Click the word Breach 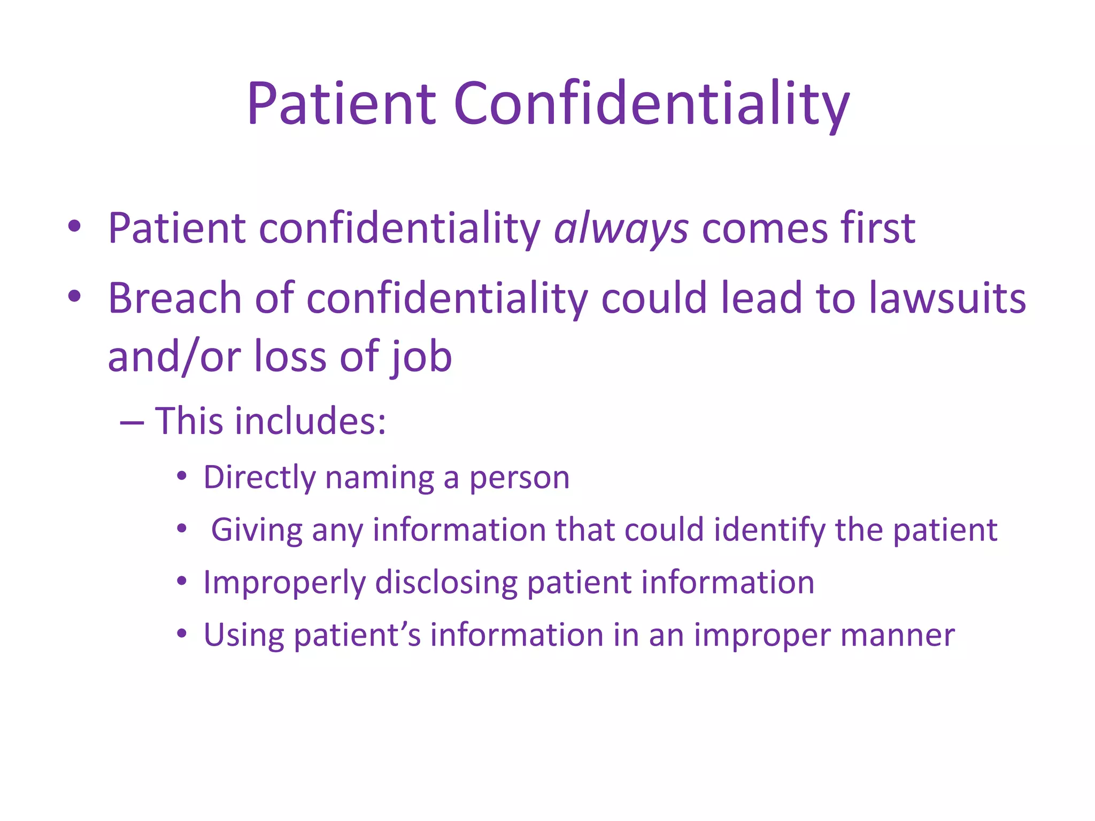(x=175, y=298)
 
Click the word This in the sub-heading (x=189, y=421)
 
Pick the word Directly (x=259, y=477)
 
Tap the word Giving (x=257, y=530)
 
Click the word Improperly (x=284, y=583)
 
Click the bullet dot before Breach (x=74, y=296)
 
